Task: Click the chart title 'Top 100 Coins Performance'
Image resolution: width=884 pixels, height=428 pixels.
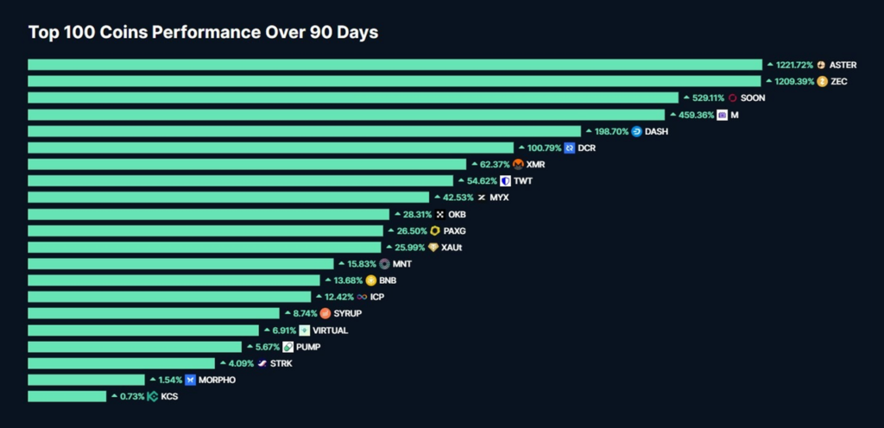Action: coord(203,32)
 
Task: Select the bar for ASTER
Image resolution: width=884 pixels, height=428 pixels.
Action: coord(395,65)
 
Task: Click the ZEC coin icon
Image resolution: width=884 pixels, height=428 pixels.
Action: coord(822,81)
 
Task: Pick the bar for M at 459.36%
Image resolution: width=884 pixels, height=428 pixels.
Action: coord(345,114)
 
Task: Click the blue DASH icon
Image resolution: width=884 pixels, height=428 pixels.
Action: coord(637,131)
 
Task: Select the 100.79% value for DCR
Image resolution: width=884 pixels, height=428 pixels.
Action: coord(544,148)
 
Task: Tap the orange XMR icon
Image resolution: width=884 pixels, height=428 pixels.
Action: coord(518,164)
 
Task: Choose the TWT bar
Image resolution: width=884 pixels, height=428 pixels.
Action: coord(240,180)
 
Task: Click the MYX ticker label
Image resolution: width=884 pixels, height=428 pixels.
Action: coord(499,197)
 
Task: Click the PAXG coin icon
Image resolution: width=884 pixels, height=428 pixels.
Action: coord(435,230)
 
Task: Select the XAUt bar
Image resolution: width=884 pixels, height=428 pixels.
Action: coord(204,247)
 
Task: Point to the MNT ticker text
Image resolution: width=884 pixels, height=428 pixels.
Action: coord(402,263)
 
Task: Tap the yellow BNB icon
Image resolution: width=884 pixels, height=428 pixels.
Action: coord(371,280)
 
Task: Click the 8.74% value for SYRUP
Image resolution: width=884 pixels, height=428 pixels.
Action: coord(305,313)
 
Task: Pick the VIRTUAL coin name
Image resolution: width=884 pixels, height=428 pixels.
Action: coord(330,330)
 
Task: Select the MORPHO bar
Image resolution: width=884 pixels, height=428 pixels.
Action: coord(86,379)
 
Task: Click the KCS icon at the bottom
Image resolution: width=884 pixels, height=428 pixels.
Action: coord(153,396)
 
